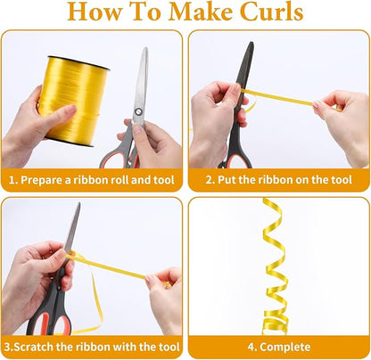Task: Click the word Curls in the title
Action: pyautogui.click(x=271, y=12)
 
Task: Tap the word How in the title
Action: pyautogui.click(x=95, y=12)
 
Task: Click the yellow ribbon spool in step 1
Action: pyautogui.click(x=74, y=101)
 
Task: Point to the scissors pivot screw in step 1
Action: pyautogui.click(x=138, y=111)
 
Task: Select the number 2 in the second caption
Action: pyautogui.click(x=209, y=180)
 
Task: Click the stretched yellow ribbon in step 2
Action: pyautogui.click(x=279, y=97)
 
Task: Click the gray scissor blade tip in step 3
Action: pyautogui.click(x=79, y=203)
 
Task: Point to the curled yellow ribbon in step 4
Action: pyautogui.click(x=273, y=267)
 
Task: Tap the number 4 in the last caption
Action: pyautogui.click(x=251, y=347)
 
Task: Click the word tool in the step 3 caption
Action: pyautogui.click(x=169, y=347)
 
